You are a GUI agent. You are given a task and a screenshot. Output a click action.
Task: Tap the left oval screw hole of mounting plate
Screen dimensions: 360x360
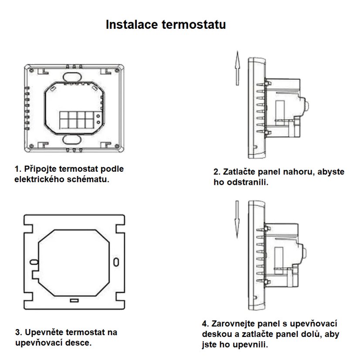click(33, 262)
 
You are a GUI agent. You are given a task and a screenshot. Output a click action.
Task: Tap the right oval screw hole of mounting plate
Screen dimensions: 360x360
click(115, 262)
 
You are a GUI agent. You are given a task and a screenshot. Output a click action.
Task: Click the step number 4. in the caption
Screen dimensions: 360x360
click(206, 324)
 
